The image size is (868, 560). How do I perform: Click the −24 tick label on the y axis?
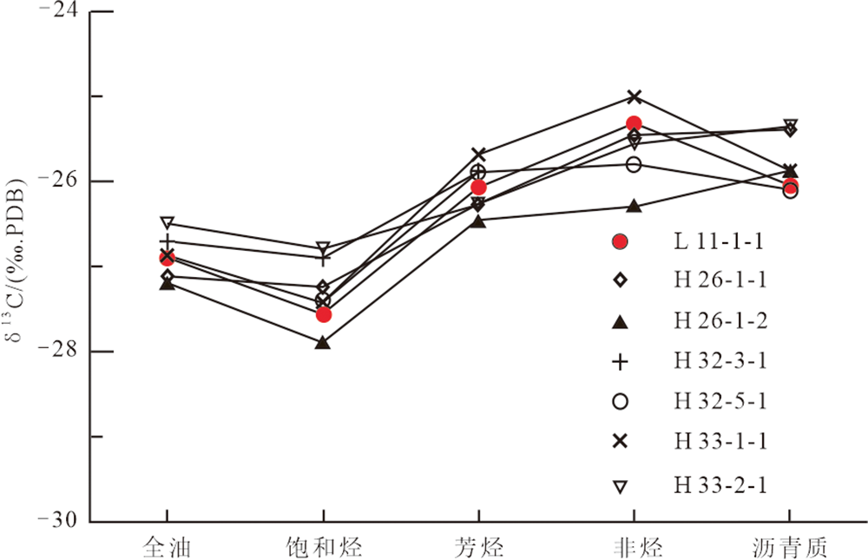(56, 12)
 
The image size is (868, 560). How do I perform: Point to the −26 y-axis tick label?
(56, 181)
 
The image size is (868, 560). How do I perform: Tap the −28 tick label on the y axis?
(56, 352)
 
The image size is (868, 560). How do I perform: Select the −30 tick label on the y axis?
(56, 521)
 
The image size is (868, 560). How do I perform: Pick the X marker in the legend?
(620, 442)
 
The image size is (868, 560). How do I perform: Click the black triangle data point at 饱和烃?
(323, 343)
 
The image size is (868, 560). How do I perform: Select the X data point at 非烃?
(634, 96)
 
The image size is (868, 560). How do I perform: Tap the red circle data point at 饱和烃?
(324, 314)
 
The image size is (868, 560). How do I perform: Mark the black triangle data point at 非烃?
(634, 206)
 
